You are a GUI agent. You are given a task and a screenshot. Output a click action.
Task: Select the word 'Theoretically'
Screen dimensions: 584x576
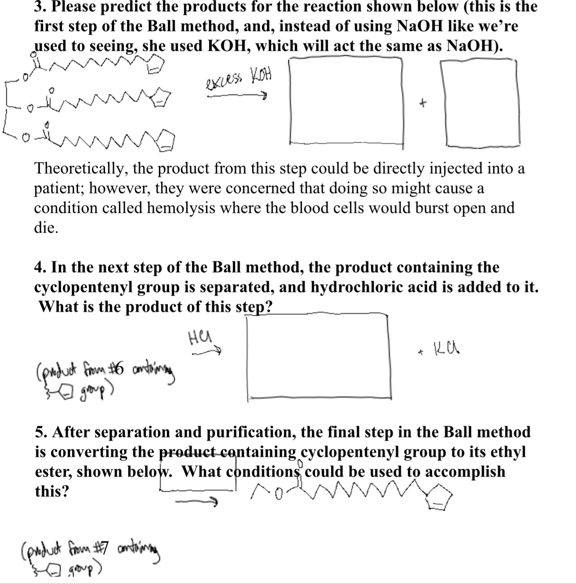pyautogui.click(x=80, y=169)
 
